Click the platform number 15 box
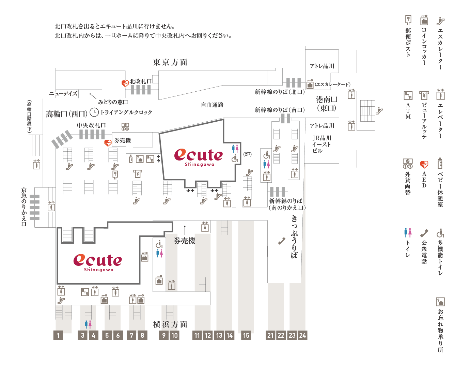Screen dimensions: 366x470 click(246, 335)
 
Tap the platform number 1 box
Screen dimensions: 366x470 click(58, 335)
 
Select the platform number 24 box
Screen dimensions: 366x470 click(302, 335)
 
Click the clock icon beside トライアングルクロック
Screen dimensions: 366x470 click(94, 112)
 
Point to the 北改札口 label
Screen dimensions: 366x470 click(140, 81)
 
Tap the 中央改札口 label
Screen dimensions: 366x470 click(91, 125)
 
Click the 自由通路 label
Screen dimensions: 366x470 click(212, 105)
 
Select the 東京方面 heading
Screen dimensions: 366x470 click(170, 62)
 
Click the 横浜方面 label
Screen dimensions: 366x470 click(170, 324)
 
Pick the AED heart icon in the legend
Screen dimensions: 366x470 click(424, 165)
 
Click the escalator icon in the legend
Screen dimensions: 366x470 click(440, 21)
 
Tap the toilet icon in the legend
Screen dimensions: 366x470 click(408, 233)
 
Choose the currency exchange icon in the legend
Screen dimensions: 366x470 click(408, 164)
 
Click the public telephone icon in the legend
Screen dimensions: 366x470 click(424, 233)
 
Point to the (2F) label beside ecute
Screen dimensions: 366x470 click(248, 154)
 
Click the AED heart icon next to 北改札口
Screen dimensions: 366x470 click(125, 83)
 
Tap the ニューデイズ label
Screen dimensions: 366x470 click(63, 93)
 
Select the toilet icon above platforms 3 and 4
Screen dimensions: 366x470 click(88, 324)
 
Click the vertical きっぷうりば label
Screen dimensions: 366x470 click(294, 237)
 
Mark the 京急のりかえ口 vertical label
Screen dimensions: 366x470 click(24, 207)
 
